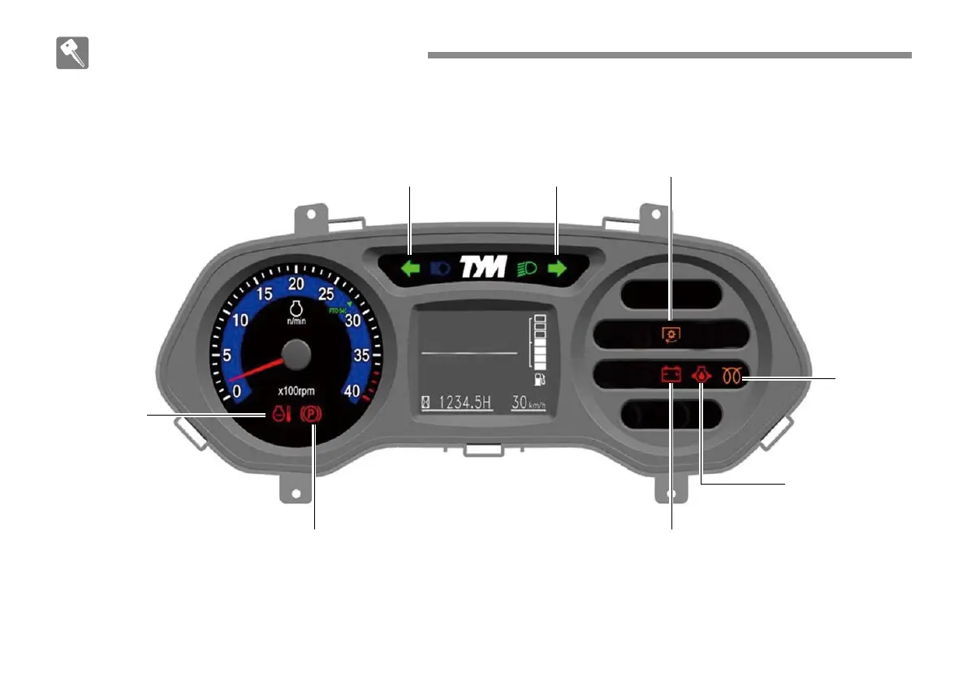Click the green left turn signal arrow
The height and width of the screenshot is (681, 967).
pyautogui.click(x=411, y=269)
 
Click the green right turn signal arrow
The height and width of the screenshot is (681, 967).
pyautogui.click(x=557, y=269)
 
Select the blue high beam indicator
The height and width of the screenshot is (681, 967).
pyautogui.click(x=439, y=269)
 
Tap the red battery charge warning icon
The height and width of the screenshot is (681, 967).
pyautogui.click(x=671, y=375)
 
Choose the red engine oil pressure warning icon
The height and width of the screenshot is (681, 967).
pyautogui.click(x=700, y=375)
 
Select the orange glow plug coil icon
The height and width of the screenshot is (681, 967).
pyautogui.click(x=730, y=375)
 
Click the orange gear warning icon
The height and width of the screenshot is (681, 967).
pyautogui.click(x=671, y=334)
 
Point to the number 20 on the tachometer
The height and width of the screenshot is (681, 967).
pyautogui.click(x=296, y=283)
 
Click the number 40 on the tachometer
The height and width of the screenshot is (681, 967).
pyautogui.click(x=352, y=390)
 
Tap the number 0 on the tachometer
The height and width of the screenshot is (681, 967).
pyautogui.click(x=236, y=391)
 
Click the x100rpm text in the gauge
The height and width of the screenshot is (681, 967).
pyautogui.click(x=296, y=390)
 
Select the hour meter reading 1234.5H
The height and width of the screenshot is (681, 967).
pyautogui.click(x=465, y=402)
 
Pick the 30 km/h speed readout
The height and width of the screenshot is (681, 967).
pyautogui.click(x=529, y=402)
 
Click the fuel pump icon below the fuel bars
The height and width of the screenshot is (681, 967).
pyautogui.click(x=538, y=379)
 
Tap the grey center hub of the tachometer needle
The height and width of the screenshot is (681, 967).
pyautogui.click(x=296, y=356)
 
